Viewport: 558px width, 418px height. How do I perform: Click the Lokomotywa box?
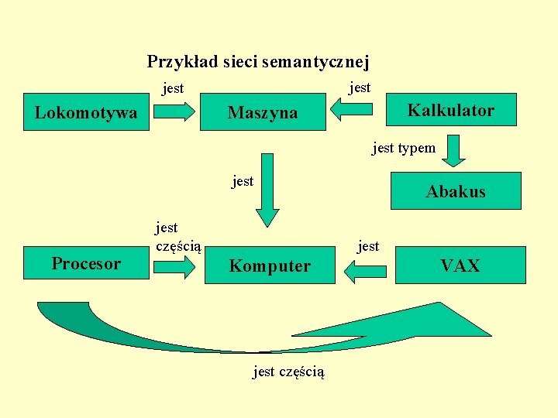coord(86,113)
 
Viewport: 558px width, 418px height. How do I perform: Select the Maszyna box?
coord(263,113)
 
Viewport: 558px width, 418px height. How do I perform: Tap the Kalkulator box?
coord(450,110)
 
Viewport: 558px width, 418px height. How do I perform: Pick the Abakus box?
coord(456,191)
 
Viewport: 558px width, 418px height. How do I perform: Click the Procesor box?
coord(86,263)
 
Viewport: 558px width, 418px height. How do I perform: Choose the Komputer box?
coord(270,266)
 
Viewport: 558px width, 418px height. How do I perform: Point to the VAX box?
coord(460,266)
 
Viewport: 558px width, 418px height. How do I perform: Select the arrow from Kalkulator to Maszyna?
coord(357,111)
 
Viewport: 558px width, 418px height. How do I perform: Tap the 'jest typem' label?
coord(404,147)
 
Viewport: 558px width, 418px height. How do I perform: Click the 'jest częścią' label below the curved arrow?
coord(289,372)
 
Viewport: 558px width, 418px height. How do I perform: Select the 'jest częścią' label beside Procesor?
coord(177,237)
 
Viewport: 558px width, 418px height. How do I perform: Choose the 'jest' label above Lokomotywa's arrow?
coord(173,88)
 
